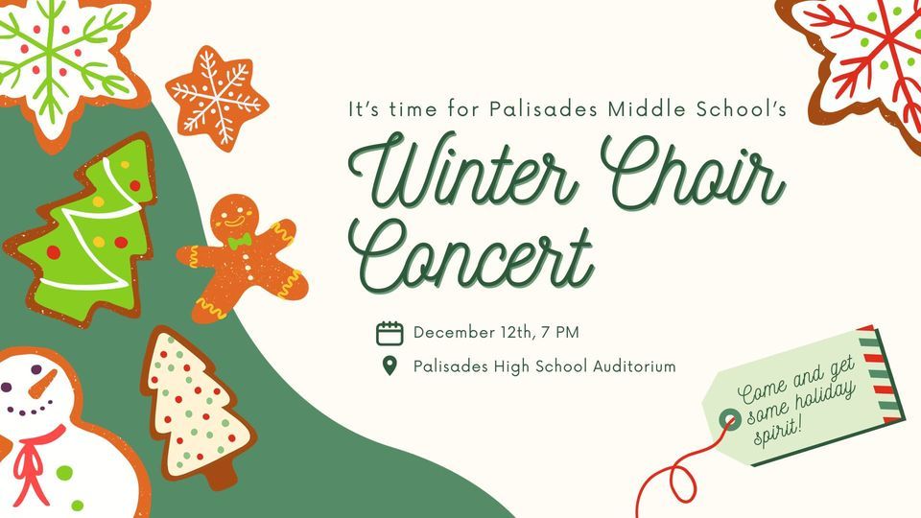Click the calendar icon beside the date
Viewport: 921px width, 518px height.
coord(389,333)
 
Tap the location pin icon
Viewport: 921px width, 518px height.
coord(389,365)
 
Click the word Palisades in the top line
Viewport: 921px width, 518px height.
coord(544,109)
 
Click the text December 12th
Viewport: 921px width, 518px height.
coord(461,333)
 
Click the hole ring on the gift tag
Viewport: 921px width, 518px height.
coord(731,418)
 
